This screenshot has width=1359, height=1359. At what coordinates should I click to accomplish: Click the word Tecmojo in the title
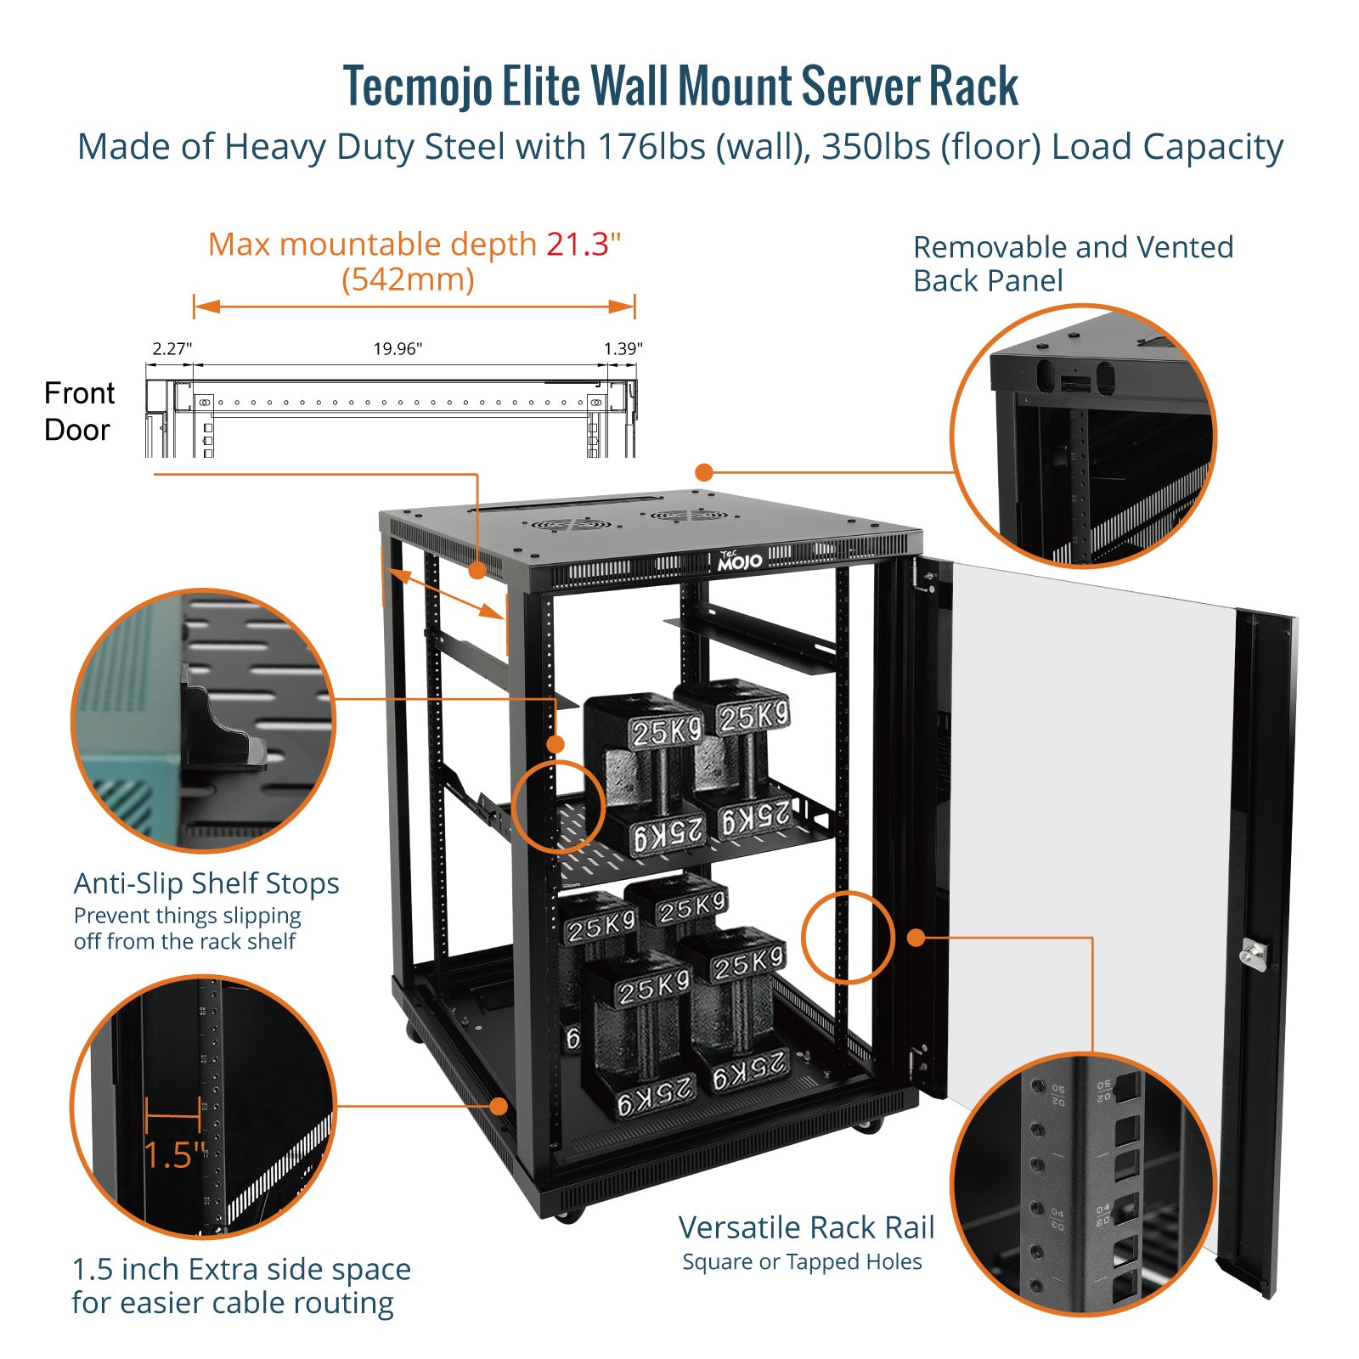coord(417,87)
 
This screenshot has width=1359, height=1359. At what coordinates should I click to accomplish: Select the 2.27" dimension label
coord(172,349)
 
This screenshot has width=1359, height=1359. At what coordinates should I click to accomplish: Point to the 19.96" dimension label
coord(398,349)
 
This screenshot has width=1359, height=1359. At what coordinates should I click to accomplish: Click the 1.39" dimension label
coord(623,349)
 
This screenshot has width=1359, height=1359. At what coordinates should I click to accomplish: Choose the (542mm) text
coord(408,279)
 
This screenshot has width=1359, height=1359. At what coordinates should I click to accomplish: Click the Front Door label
coord(78,411)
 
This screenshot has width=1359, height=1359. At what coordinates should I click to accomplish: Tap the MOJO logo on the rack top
coord(739,561)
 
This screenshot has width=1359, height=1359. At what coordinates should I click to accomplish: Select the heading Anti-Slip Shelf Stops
coord(206,883)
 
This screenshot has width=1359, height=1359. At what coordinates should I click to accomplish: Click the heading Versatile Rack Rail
coord(806,1227)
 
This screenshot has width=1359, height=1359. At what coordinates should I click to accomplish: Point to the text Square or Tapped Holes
coord(802,1262)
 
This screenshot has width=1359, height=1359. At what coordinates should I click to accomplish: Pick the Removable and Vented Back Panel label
coord(1072,263)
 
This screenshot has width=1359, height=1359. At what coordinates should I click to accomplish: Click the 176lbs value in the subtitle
coord(651,147)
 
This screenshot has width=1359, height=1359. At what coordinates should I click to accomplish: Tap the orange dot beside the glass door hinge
coord(916,938)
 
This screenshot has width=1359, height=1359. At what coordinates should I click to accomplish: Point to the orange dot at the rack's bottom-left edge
coord(499,1106)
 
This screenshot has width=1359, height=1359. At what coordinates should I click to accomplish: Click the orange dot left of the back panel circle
coord(704,472)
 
